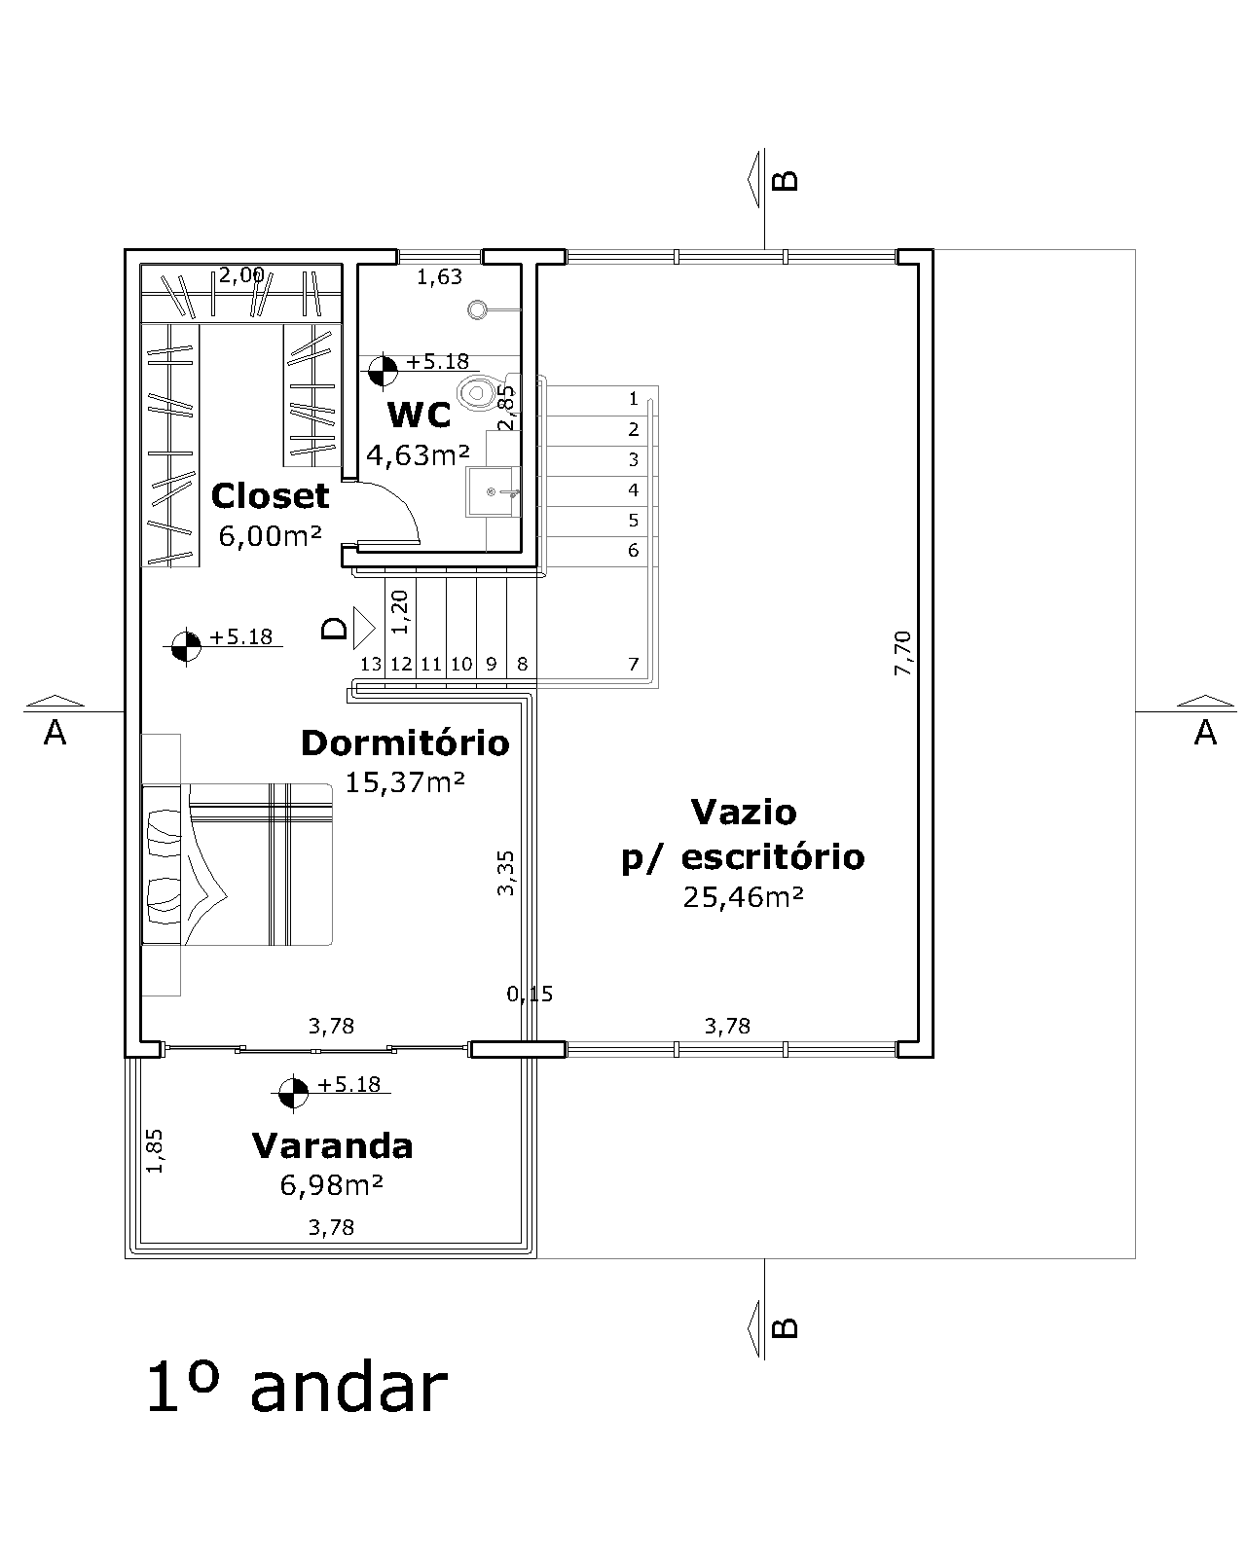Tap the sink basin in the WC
click(494, 492)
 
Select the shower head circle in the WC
click(477, 309)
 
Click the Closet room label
click(270, 496)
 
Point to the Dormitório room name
click(406, 743)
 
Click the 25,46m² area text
click(744, 896)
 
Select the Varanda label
click(332, 1146)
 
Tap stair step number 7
click(634, 664)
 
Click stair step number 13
click(371, 664)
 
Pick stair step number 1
click(634, 398)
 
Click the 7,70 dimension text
click(902, 653)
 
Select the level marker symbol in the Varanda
click(293, 1093)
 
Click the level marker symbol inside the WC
click(383, 371)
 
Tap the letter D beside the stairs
click(335, 628)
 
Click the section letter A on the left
click(55, 734)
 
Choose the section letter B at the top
click(786, 180)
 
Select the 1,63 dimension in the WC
click(439, 277)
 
